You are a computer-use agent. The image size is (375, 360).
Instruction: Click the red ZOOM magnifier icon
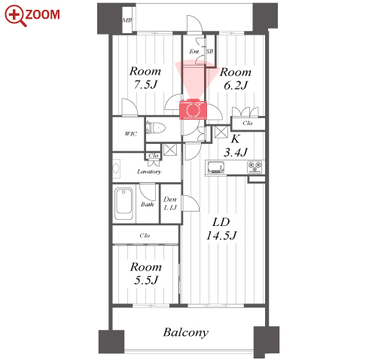pyautogui.click(x=16, y=16)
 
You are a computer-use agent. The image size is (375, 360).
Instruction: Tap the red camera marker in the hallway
pyautogui.click(x=193, y=109)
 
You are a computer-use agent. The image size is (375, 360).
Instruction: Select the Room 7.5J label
pyautogui.click(x=145, y=78)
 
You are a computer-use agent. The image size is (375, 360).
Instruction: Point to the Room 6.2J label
pyautogui.click(x=236, y=78)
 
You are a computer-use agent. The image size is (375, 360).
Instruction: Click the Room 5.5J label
pyautogui.click(x=146, y=273)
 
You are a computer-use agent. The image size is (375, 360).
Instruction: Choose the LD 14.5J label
pyautogui.click(x=221, y=229)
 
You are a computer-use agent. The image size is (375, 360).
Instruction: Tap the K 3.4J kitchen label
pyautogui.click(x=236, y=145)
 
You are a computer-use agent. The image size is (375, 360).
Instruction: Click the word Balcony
pyautogui.click(x=186, y=333)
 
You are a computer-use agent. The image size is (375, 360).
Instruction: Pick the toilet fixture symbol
pyautogui.click(x=156, y=128)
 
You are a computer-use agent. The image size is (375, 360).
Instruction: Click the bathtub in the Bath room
pyautogui.click(x=123, y=204)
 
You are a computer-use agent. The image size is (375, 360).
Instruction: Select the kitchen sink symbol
pyautogui.click(x=215, y=167)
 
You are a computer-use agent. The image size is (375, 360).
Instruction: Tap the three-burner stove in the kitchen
pyautogui.click(x=255, y=167)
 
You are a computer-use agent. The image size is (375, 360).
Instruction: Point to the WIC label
pyautogui.click(x=131, y=134)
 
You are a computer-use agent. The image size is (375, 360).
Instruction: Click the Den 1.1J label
pyautogui.click(x=170, y=203)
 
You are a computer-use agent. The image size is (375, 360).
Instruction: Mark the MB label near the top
pyautogui.click(x=127, y=20)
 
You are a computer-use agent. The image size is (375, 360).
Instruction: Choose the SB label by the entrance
pyautogui.click(x=209, y=51)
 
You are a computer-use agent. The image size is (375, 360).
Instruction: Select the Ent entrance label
pyautogui.click(x=194, y=51)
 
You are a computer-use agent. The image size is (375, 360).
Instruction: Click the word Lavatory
pyautogui.click(x=149, y=172)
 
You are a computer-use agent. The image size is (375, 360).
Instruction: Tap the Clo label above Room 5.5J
pyautogui.click(x=145, y=236)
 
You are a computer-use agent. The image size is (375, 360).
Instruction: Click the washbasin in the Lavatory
pyautogui.click(x=116, y=168)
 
